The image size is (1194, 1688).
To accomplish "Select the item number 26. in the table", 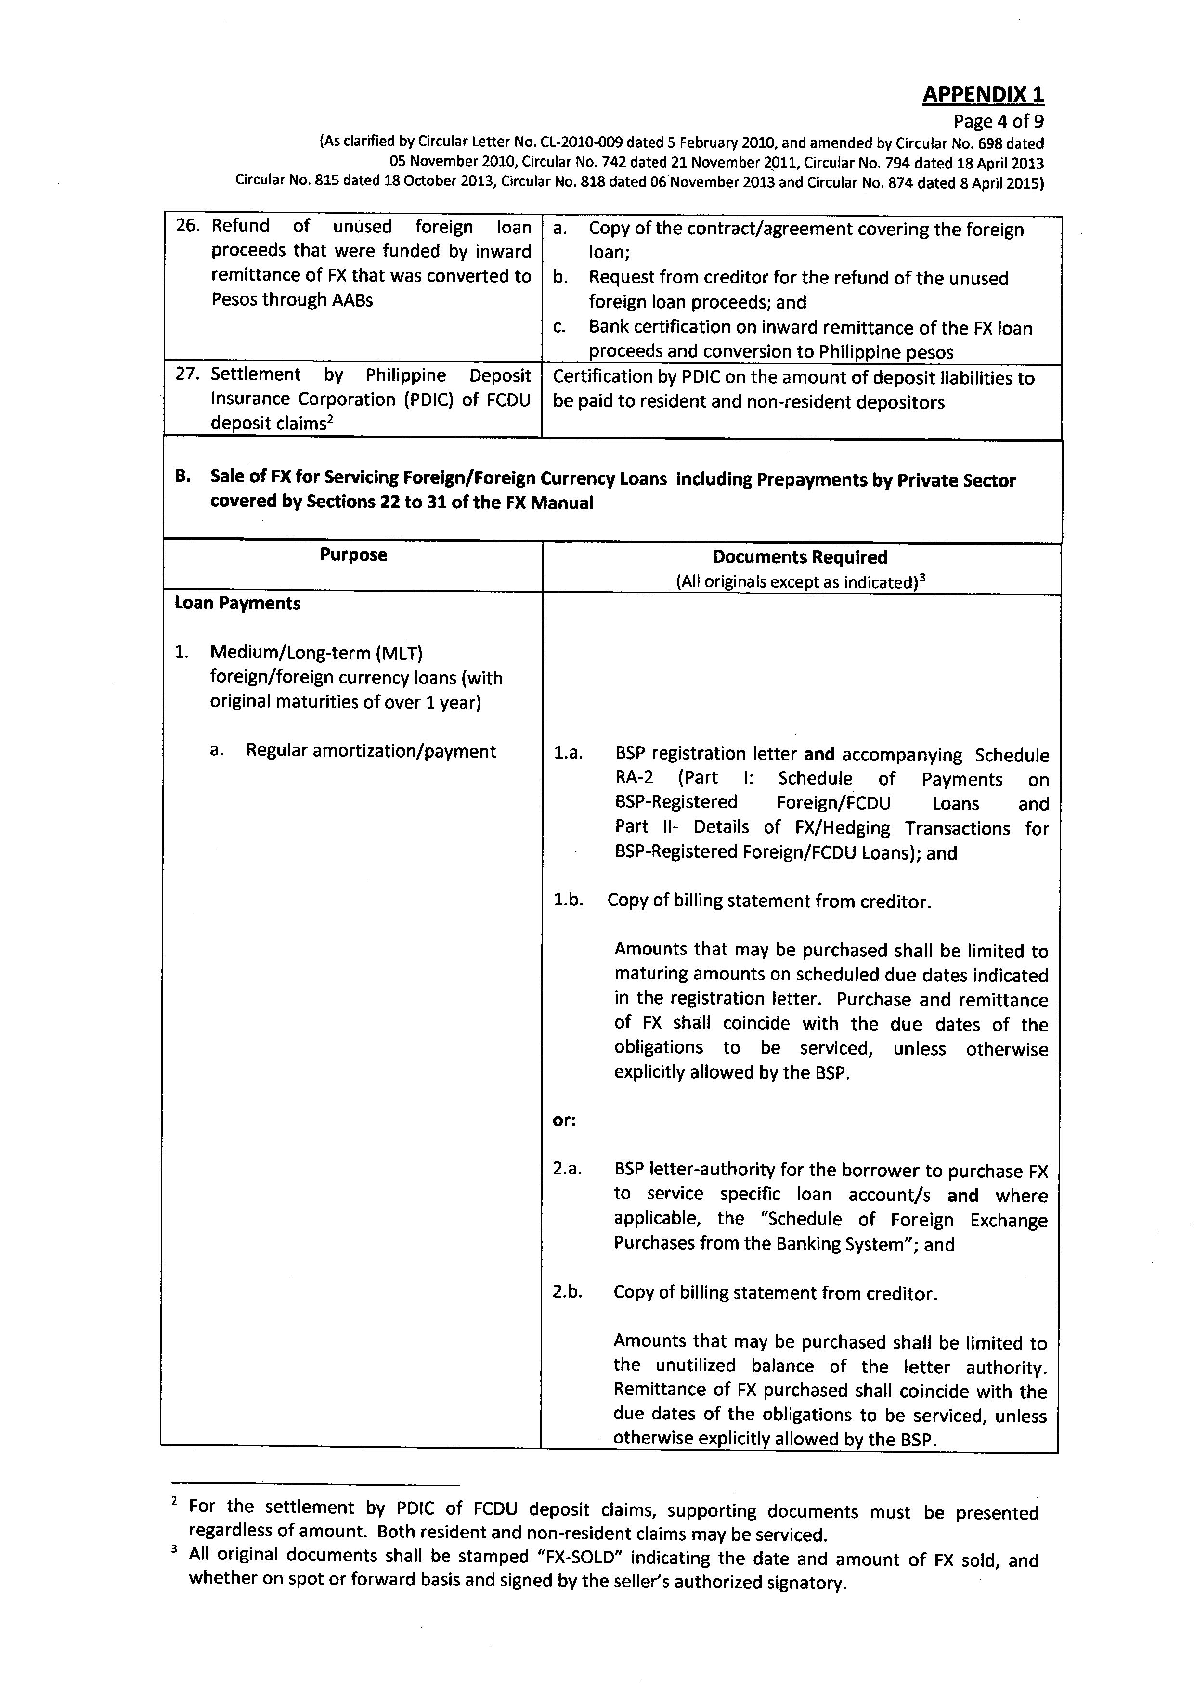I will [x=187, y=226].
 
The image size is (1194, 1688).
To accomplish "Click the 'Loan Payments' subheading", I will [x=237, y=604].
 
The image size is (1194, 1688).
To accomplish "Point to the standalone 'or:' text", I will [x=564, y=1121].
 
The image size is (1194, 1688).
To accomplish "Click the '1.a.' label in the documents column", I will [x=568, y=754].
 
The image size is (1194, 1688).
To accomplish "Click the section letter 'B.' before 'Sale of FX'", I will [x=183, y=477].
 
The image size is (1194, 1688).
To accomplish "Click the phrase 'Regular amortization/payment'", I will [x=371, y=751].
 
